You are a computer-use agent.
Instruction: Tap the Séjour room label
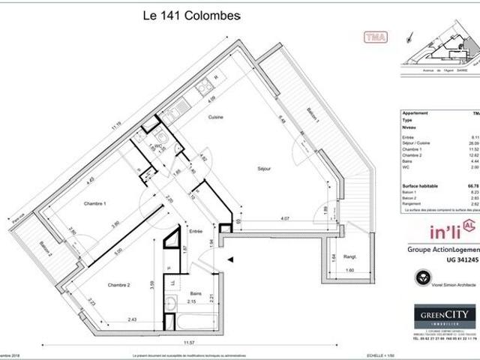[x=262, y=168]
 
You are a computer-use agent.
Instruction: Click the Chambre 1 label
[x=94, y=204]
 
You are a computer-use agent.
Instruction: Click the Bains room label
[x=195, y=272]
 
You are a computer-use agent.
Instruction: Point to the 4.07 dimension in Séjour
[x=275, y=218]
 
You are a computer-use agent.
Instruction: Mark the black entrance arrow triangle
[x=230, y=259]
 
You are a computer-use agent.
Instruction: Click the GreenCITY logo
[x=445, y=314]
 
